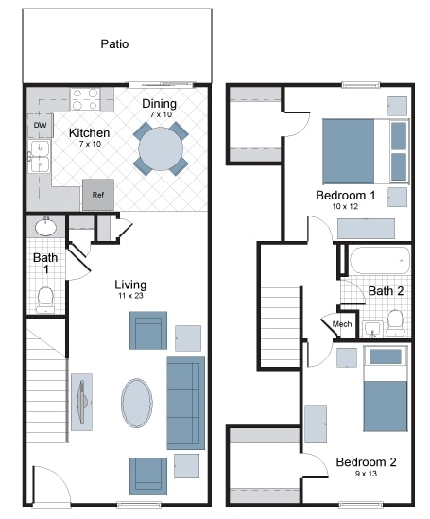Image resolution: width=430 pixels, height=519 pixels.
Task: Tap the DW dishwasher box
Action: [41, 125]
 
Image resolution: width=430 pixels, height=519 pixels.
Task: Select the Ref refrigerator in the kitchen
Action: [97, 194]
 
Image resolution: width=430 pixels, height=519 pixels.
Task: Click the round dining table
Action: [163, 147]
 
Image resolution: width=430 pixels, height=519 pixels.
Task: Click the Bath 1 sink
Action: [44, 227]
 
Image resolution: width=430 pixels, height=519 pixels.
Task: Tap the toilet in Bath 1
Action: [44, 298]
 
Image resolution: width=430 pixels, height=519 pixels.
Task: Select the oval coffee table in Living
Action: [137, 404]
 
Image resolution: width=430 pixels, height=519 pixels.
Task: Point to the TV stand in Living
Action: [81, 402]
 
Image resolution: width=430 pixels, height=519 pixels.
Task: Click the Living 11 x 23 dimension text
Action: [130, 297]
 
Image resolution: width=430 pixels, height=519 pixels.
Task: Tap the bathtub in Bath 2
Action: [376, 260]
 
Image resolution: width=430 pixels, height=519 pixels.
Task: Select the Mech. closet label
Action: [343, 324]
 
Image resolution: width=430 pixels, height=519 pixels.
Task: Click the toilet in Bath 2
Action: [395, 322]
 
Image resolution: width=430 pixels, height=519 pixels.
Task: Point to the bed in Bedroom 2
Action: [385, 389]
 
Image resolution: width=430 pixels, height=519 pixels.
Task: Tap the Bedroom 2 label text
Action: [367, 462]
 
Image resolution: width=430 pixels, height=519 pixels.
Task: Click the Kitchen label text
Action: [90, 133]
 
